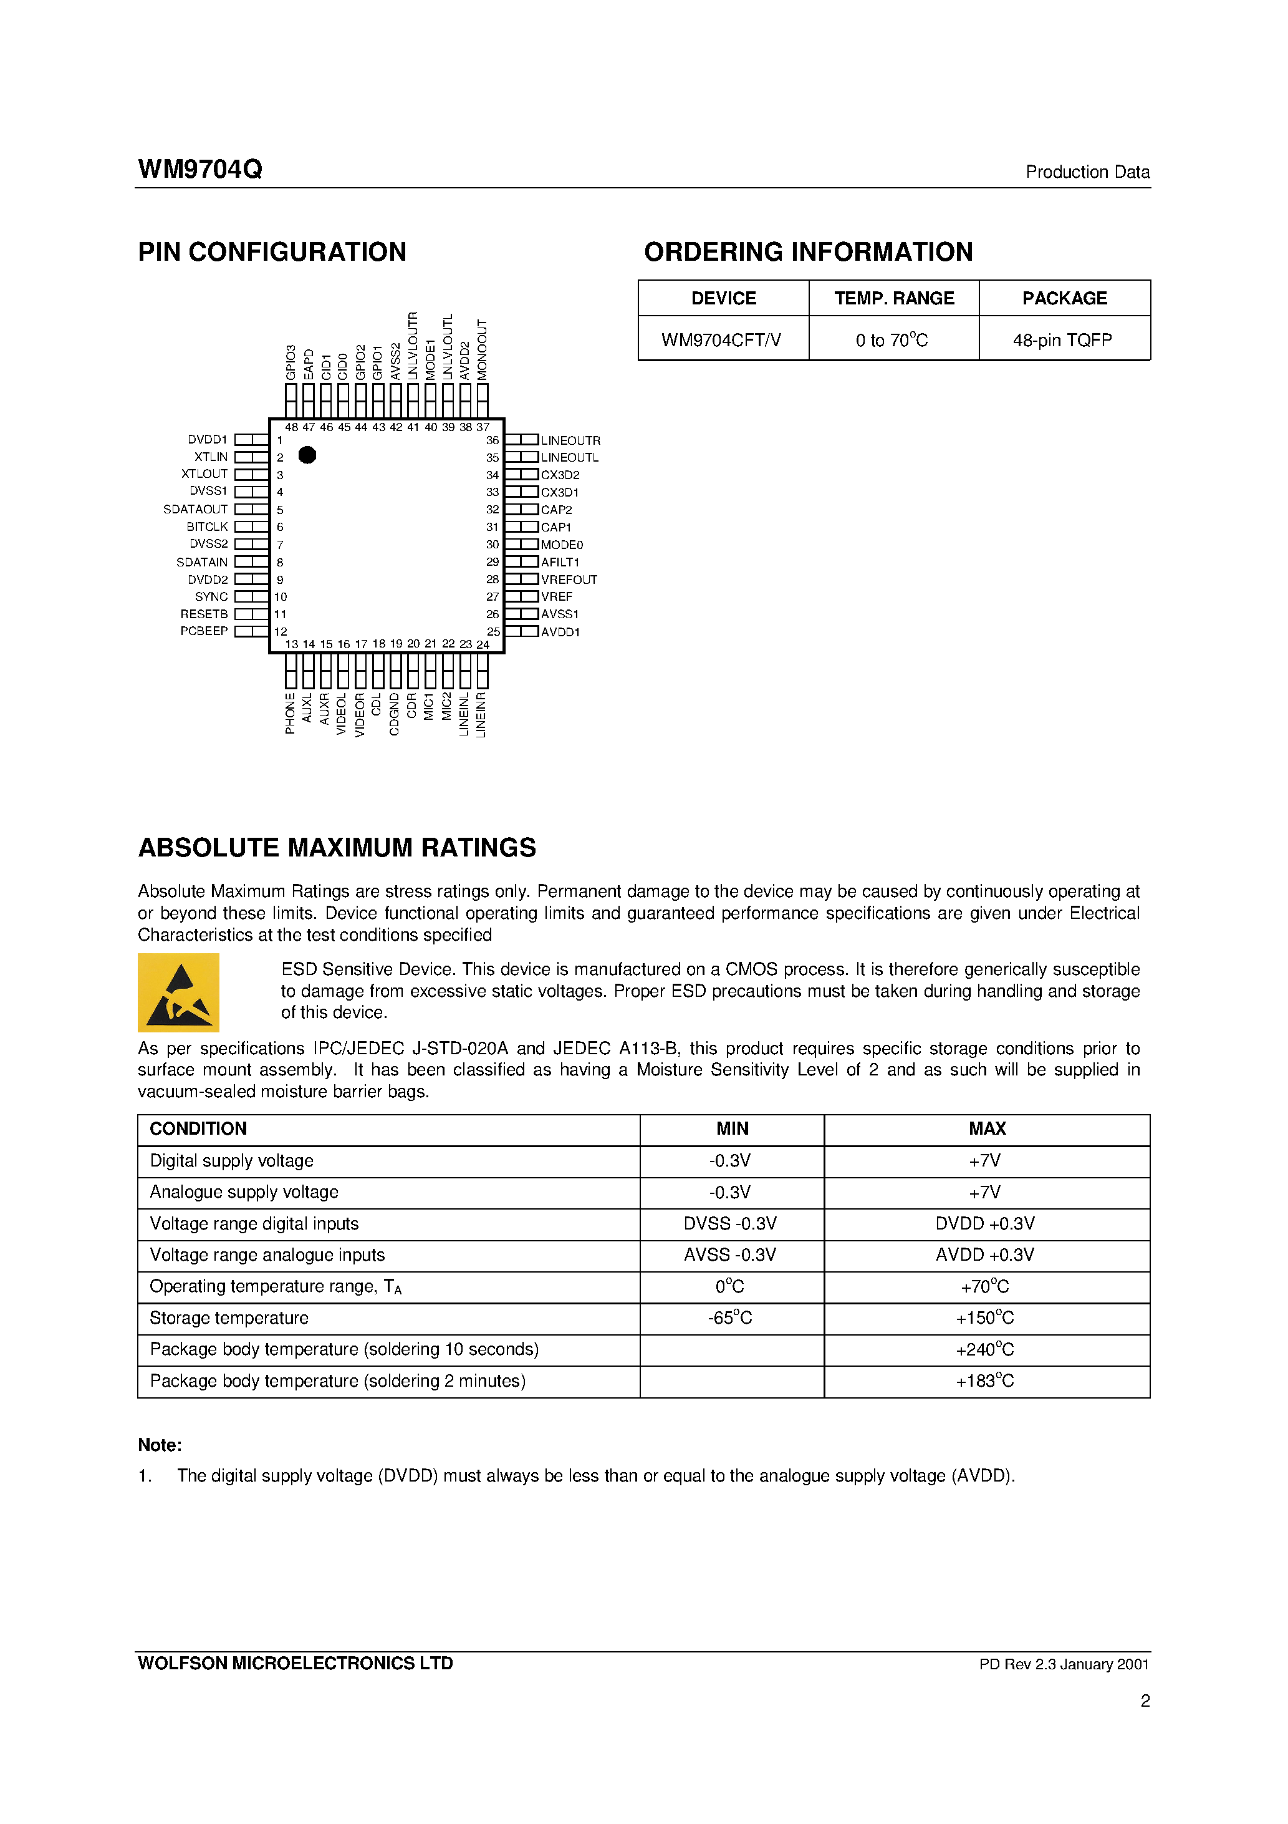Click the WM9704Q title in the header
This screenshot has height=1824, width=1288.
pos(200,169)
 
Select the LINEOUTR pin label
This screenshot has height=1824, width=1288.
pos(570,440)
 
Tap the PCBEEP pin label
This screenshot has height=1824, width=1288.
pos(204,631)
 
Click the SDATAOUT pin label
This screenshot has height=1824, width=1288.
pos(195,509)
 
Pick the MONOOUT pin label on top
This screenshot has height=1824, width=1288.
pos(482,349)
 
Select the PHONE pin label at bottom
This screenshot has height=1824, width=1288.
pos(290,714)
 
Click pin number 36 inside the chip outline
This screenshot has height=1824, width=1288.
pos(493,440)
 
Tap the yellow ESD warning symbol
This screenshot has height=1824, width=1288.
pos(179,992)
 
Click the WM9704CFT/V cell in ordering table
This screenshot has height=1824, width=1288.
pos(721,340)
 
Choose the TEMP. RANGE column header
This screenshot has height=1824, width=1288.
pos(893,298)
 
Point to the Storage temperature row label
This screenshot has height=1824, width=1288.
pos(229,1318)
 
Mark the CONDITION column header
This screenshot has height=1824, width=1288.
pos(198,1129)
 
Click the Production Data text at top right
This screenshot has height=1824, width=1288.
pos(1087,172)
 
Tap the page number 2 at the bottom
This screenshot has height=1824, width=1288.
pos(1144,1701)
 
